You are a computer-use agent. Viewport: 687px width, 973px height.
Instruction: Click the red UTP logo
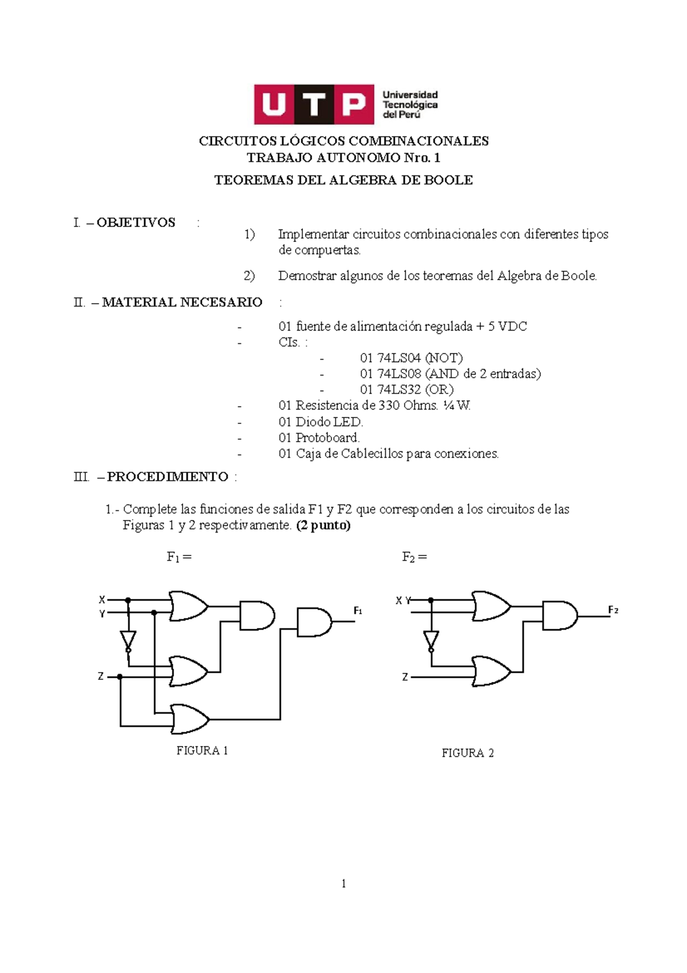313,105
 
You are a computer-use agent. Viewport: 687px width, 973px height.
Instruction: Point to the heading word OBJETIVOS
136,223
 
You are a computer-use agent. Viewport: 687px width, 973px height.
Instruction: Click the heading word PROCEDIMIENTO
167,476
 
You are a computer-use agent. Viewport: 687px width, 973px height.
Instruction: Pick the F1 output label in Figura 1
358,610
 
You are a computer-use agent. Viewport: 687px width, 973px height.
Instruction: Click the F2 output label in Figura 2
613,610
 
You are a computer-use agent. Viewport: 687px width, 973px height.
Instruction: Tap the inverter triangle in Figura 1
128,640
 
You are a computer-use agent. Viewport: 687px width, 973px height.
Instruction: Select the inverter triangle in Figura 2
431,640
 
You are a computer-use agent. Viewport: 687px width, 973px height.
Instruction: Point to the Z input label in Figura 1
101,677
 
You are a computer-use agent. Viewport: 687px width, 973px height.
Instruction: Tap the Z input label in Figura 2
405,677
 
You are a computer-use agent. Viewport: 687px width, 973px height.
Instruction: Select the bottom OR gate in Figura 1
189,719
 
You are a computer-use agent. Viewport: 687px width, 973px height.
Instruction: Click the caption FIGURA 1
202,750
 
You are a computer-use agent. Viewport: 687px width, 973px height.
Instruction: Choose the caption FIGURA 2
467,753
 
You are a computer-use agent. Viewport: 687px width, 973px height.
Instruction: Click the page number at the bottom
343,884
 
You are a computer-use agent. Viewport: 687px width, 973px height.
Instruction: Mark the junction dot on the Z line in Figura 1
120,677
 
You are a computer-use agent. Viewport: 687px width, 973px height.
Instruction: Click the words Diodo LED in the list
329,422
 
